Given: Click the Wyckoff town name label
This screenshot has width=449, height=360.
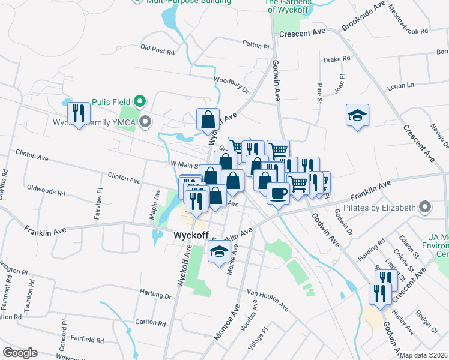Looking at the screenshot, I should click(191, 236).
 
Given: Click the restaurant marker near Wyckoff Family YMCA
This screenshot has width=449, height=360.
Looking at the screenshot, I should click(79, 114).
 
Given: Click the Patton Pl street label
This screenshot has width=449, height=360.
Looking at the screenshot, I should click(256, 44).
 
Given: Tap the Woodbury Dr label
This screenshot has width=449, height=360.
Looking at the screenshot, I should click(231, 83).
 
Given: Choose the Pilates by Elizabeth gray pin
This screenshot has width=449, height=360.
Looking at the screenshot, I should click(426, 208).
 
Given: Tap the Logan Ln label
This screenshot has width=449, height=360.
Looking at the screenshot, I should click(401, 86).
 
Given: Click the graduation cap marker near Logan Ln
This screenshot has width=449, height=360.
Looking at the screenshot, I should click(357, 116).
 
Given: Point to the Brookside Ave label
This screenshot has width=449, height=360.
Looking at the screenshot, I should click(363, 17).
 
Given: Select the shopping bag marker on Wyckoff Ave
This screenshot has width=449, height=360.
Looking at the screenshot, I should click(207, 119).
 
